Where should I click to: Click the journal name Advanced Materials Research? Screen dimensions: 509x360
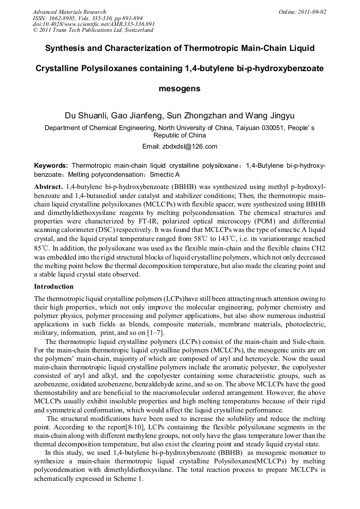tap(69, 12)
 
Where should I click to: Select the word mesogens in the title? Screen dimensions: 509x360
tap(179, 89)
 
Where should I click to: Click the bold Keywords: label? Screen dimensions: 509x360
tap(51, 166)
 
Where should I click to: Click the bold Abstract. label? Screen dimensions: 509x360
tap(48, 188)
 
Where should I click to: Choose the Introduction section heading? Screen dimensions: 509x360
tap(54, 287)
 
